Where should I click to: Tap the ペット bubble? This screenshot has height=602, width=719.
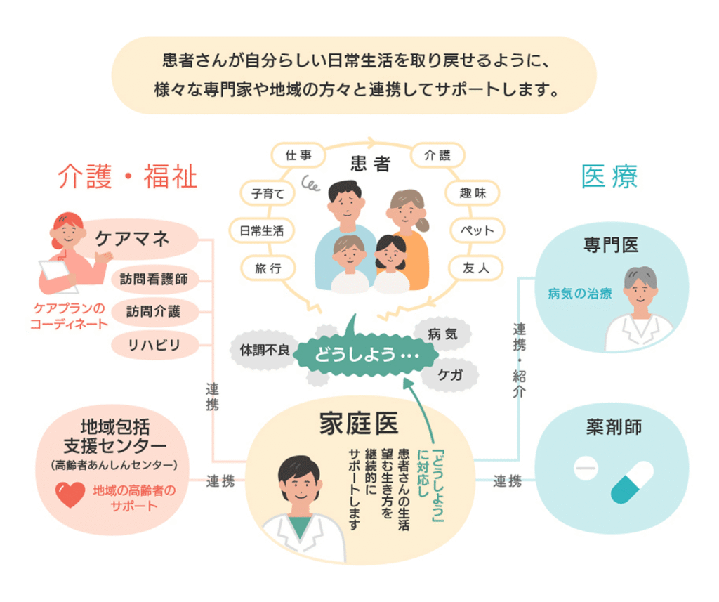tap(477, 230)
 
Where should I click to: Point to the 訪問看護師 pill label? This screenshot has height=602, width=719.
tap(154, 279)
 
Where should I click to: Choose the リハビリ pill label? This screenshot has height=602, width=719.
tap(154, 344)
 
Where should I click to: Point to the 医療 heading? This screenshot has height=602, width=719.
tap(609, 176)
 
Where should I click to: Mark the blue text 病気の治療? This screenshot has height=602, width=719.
tap(580, 294)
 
